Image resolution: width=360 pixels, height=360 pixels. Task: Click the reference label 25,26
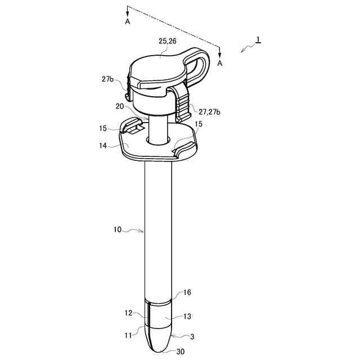[168, 41]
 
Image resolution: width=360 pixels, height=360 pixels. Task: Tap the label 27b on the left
[107, 79]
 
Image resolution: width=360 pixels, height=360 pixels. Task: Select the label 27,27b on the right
[209, 112]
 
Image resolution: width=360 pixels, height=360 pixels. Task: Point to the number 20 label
[120, 106]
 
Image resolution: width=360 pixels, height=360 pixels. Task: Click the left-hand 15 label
[103, 128]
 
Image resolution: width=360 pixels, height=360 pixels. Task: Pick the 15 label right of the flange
[199, 124]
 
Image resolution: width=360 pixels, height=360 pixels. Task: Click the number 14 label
[103, 146]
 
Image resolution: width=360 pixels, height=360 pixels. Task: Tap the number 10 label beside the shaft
[118, 229]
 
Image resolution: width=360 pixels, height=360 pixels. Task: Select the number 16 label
[187, 292]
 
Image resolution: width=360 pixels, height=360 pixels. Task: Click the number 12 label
[129, 313]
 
